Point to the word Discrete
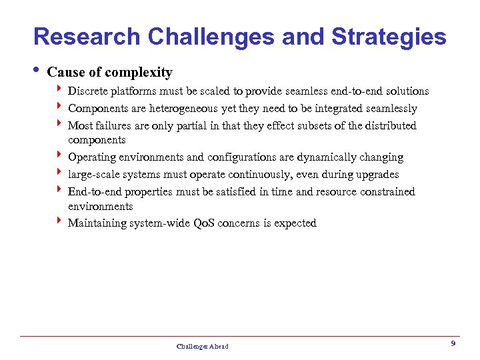coord(87,91)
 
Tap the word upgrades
coord(377,175)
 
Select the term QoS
coord(206,223)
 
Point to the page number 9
coord(453,343)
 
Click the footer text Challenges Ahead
coord(202,346)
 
